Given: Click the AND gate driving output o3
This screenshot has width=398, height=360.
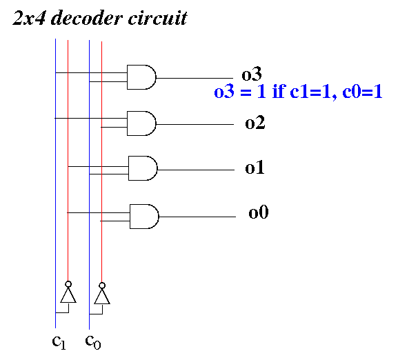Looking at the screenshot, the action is [x=141, y=77].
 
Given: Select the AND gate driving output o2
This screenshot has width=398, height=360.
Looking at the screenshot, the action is [x=141, y=123].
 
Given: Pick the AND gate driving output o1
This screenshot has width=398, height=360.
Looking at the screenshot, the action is [x=143, y=168].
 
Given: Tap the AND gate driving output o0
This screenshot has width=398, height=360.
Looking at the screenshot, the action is [x=144, y=217].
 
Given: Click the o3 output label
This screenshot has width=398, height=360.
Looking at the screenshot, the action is [x=251, y=74].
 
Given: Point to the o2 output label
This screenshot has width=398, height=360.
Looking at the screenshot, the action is [x=255, y=123].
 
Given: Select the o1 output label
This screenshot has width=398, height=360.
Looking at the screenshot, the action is [x=255, y=167].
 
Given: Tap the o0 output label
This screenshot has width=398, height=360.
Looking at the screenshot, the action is [x=259, y=212].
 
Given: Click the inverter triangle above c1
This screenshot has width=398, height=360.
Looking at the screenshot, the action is [x=68, y=295].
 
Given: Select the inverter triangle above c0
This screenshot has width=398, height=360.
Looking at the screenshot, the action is [x=102, y=297].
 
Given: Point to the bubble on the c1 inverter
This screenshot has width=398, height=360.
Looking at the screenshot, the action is [x=68, y=284].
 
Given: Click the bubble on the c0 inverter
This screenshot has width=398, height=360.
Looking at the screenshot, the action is [x=102, y=286].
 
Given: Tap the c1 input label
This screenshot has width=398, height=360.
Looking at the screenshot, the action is [x=59, y=342].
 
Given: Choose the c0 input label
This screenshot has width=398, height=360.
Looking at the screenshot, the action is [x=93, y=342].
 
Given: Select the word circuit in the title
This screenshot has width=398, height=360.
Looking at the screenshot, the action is [x=158, y=18].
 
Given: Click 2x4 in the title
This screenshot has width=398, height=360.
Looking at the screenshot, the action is [x=29, y=18].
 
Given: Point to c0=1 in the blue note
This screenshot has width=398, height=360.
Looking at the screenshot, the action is [x=362, y=91].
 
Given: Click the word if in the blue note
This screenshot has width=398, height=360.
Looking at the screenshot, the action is [x=279, y=91].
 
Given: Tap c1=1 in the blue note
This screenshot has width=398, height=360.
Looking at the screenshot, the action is [x=311, y=92].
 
